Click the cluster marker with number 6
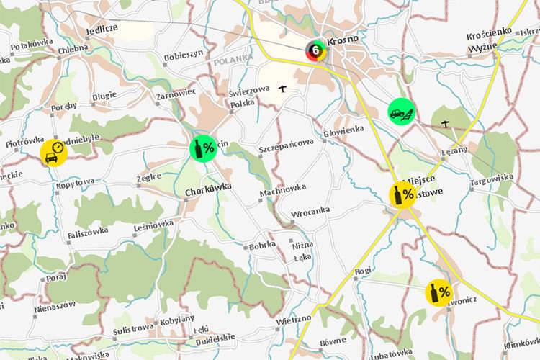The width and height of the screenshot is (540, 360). coord(315,50)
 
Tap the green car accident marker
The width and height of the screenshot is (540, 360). coord(401,112)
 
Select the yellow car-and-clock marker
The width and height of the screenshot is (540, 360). coord(54,153)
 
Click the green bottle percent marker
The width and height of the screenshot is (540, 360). coord(204,148)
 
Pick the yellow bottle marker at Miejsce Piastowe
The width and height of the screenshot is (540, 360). coord(402,194)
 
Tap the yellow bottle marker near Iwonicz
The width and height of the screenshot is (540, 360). coord(439,292)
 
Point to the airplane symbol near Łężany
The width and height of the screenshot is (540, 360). coord(446,124)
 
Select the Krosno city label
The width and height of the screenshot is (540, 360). coord(343,41)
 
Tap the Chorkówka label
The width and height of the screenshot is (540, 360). coord(207,192)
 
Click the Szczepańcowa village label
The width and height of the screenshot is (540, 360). coord(286,143)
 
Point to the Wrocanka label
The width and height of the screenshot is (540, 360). coord(310,213)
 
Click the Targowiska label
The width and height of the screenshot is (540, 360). coord(492,177)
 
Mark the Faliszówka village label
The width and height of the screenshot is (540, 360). coord(88,231)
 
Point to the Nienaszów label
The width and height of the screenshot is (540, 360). coord(54,306)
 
